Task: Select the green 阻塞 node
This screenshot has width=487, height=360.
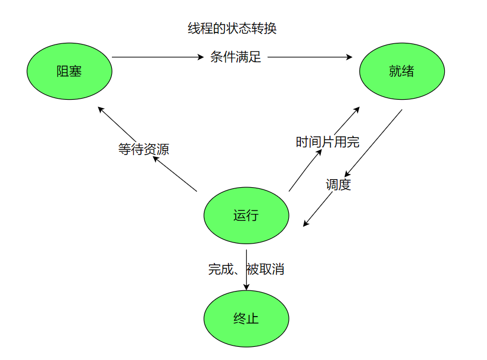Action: [x=70, y=71]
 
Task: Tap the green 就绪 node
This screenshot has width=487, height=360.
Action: [x=401, y=71]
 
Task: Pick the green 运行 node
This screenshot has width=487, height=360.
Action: [x=246, y=216]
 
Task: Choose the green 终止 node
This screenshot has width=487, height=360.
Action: [x=246, y=318]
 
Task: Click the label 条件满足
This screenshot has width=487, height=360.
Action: [x=236, y=57]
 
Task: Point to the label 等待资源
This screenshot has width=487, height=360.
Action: [x=143, y=149]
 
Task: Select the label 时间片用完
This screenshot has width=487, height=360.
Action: [x=327, y=142]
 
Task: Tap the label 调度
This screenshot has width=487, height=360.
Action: [x=338, y=185]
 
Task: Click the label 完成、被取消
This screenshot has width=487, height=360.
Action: [x=246, y=269]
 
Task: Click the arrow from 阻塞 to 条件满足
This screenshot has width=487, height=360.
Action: [x=157, y=57]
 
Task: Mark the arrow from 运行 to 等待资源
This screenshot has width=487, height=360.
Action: [x=175, y=174]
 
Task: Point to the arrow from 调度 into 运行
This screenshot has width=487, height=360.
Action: [x=318, y=210]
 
